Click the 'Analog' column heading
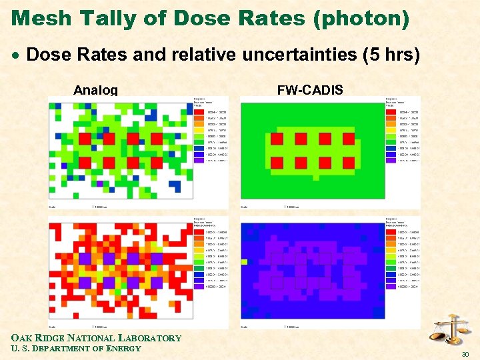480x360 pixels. (95, 90)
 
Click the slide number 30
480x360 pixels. (465, 354)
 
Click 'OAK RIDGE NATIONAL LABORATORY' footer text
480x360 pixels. (96, 338)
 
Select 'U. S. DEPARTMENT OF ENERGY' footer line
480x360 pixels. (76, 348)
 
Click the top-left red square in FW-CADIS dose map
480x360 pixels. (277, 139)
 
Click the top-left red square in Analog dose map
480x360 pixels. (85, 139)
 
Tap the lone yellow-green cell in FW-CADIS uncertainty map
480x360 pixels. (244, 261)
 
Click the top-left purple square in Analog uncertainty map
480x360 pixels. (85, 258)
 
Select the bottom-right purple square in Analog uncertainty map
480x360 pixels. (157, 283)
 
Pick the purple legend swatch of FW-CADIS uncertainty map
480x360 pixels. (390, 286)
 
